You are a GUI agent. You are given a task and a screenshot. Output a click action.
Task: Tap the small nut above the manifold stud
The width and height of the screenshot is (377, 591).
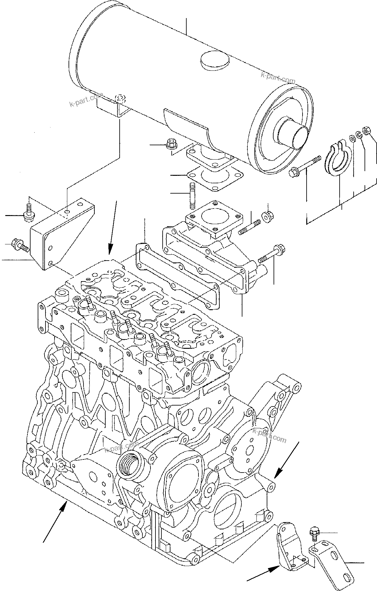267,216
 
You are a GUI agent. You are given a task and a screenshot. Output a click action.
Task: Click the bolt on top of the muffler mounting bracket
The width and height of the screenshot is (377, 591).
121,99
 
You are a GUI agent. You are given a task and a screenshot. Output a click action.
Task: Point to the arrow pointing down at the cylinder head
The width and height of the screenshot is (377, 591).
112,228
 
